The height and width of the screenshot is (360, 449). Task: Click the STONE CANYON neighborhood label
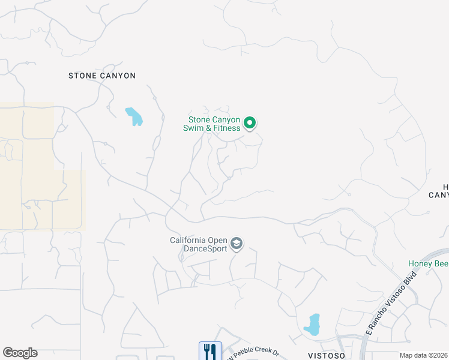coord(102,76)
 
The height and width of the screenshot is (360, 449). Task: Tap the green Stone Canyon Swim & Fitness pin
coord(250,124)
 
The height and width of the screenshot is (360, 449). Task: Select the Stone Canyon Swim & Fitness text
coord(214,124)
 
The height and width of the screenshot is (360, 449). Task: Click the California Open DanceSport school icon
coord(236,244)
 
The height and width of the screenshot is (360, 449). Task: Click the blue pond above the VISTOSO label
coord(312,325)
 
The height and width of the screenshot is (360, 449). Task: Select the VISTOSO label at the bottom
coord(328,355)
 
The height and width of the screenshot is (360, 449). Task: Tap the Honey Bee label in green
coord(428,263)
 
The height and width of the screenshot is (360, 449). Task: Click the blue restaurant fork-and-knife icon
coord(210,351)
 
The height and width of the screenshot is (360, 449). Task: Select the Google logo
coord(20,353)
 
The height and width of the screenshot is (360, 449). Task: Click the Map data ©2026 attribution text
coord(424,355)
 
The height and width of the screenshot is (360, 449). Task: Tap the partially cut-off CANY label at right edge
coord(439,194)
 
